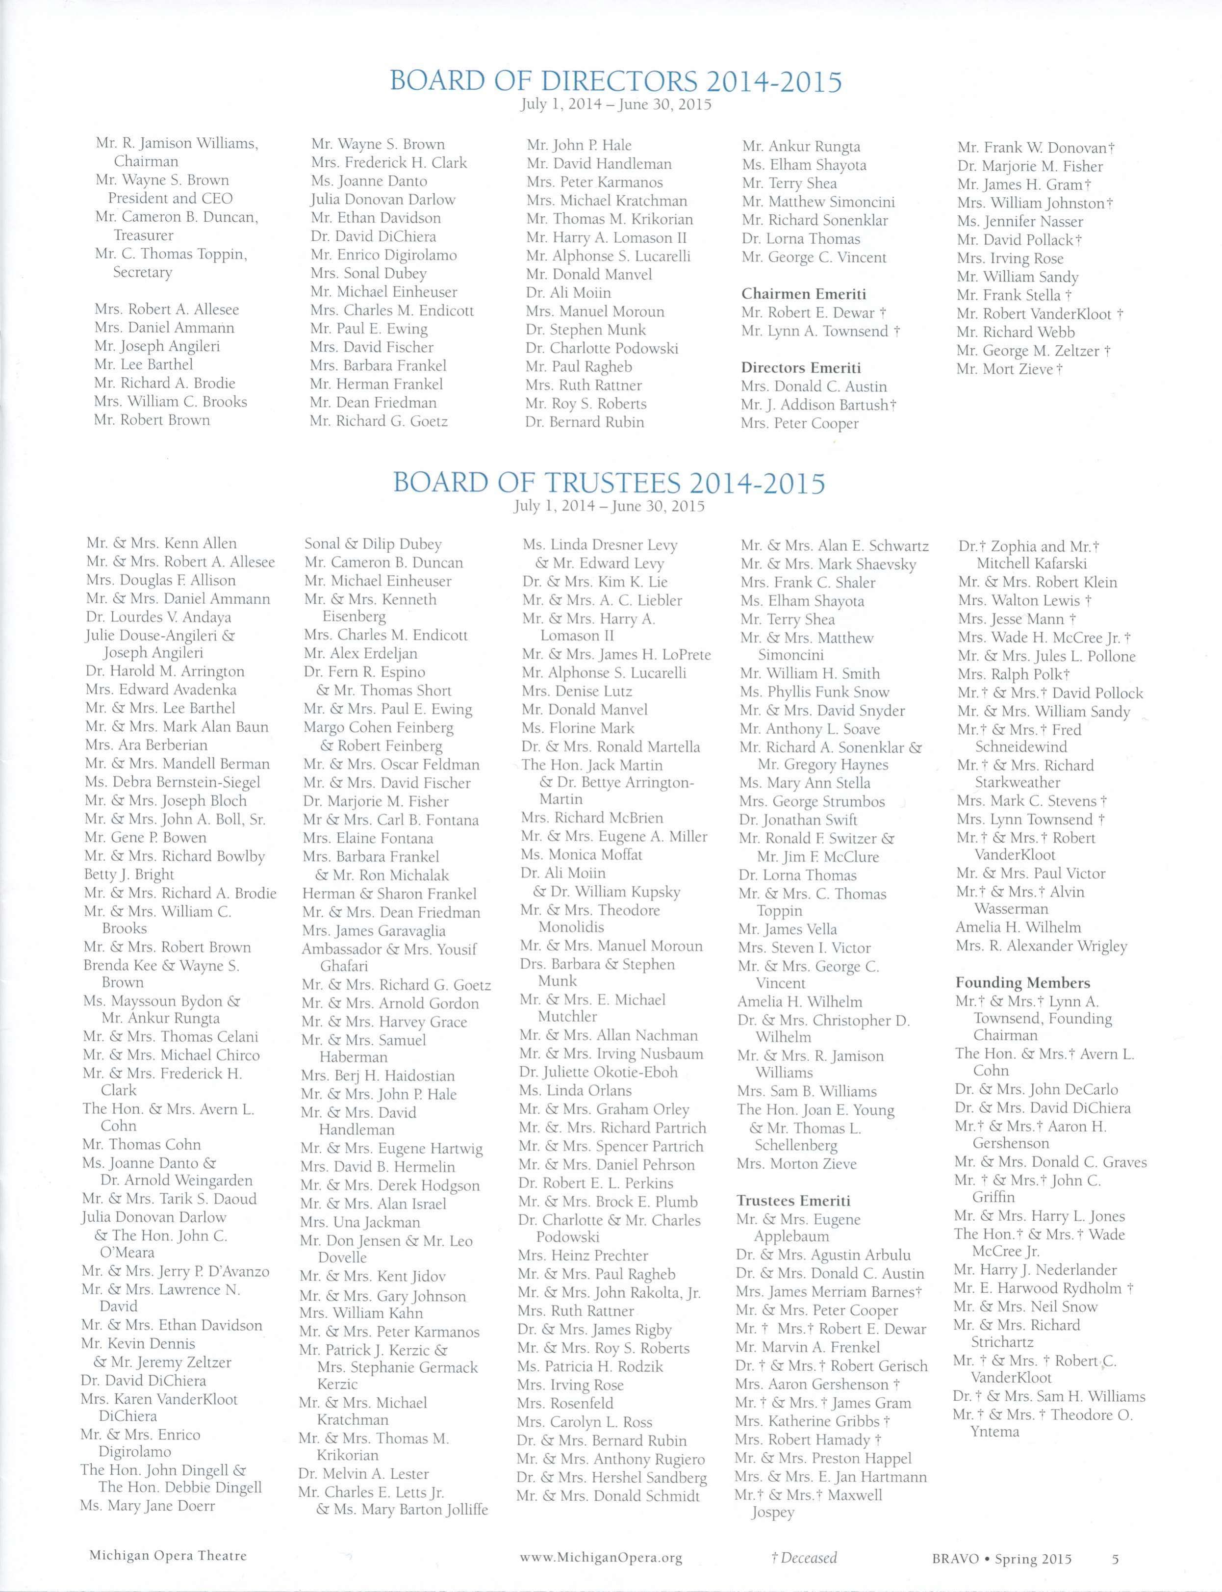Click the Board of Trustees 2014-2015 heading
pyautogui.click(x=609, y=483)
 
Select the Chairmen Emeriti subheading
pyautogui.click(x=803, y=294)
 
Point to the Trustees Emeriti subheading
pyautogui.click(x=793, y=1201)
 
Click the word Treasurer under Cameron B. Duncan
pyautogui.click(x=143, y=235)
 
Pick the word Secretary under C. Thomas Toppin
pyautogui.click(x=143, y=272)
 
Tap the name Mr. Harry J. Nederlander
pyautogui.click(x=1035, y=1270)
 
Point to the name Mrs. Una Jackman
pyautogui.click(x=360, y=1222)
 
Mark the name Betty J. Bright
pyautogui.click(x=129, y=874)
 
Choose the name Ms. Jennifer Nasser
pyautogui.click(x=1020, y=221)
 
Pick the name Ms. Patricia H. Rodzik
pyautogui.click(x=590, y=1366)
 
